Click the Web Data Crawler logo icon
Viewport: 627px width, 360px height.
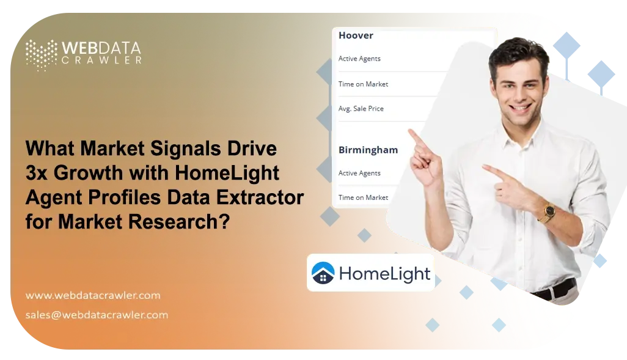coord(41,54)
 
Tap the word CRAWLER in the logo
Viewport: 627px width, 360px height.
coord(101,60)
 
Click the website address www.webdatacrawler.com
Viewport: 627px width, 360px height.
coord(93,295)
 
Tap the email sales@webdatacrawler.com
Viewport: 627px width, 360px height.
coord(97,315)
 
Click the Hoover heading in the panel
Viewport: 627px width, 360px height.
coord(356,35)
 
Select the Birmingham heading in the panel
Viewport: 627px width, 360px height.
coord(368,150)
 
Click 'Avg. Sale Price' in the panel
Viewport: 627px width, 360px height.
coord(361,109)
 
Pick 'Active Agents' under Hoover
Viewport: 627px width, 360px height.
coord(359,59)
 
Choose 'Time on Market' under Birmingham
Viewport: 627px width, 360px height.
coord(363,197)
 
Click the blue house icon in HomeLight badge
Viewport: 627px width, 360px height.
coord(323,273)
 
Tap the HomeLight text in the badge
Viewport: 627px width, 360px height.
coord(384,274)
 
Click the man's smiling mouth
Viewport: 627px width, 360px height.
coord(521,108)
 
